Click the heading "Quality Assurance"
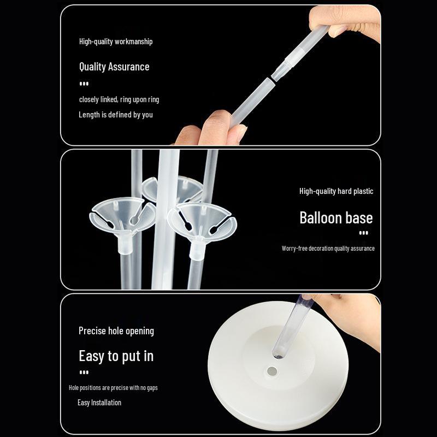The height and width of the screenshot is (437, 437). pyautogui.click(x=114, y=67)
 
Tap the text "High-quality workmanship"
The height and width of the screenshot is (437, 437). pyautogui.click(x=116, y=42)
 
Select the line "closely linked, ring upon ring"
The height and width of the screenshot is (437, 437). pyautogui.click(x=119, y=99)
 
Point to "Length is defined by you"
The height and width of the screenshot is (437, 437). pyautogui.click(x=116, y=115)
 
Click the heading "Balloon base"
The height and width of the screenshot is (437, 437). pyautogui.click(x=336, y=217)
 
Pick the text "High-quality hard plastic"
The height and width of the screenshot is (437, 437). pyautogui.click(x=336, y=191)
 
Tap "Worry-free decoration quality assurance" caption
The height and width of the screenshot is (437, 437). pyautogui.click(x=328, y=249)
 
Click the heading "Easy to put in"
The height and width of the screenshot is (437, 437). pyautogui.click(x=116, y=356)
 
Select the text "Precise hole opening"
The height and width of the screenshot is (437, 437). pyautogui.click(x=116, y=331)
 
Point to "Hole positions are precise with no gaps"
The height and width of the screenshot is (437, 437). pyautogui.click(x=113, y=388)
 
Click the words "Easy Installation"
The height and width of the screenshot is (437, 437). pyautogui.click(x=99, y=403)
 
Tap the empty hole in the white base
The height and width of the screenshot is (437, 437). pyautogui.click(x=272, y=371)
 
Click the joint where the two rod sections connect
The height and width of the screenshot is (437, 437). pyautogui.click(x=271, y=78)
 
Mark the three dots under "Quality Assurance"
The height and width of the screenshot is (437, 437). pyautogui.click(x=84, y=84)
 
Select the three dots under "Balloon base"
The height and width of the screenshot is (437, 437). pyautogui.click(x=363, y=233)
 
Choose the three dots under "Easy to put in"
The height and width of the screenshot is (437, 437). pyautogui.click(x=84, y=372)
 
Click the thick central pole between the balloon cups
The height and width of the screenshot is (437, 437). pyautogui.click(x=166, y=220)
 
